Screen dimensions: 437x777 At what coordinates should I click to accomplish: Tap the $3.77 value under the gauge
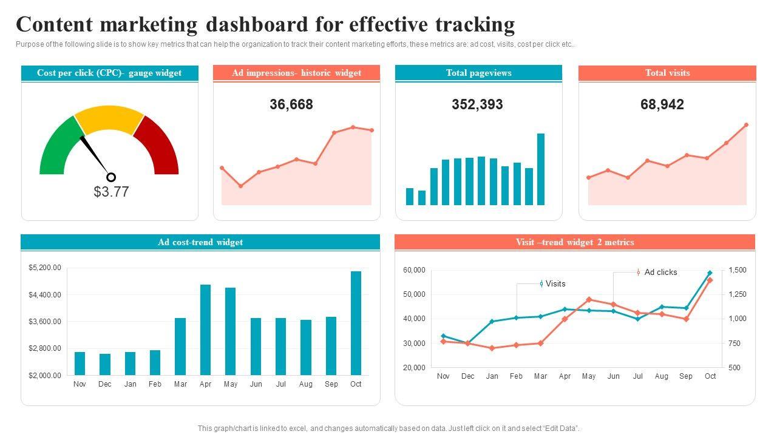point(111,192)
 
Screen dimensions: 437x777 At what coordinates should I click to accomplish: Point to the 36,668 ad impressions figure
point(291,104)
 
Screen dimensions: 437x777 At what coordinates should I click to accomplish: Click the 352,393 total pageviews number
point(477,104)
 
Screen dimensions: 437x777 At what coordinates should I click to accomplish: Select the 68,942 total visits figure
point(662,104)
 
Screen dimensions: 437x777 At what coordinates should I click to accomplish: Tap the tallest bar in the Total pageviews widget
point(541,169)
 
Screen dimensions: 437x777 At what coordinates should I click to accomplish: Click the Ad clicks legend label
point(660,273)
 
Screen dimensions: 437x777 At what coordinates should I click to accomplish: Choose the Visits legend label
point(555,283)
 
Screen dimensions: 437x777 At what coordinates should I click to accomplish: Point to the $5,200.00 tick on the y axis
point(45,268)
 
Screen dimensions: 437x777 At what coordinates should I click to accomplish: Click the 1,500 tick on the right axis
point(738,270)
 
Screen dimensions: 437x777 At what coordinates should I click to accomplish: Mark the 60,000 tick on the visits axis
point(415,270)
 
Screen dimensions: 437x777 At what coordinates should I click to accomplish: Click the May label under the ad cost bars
point(231,384)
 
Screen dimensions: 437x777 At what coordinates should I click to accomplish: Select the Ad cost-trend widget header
point(200,242)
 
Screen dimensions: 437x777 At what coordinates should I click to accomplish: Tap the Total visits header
point(667,73)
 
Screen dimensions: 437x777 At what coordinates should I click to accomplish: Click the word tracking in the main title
point(475,24)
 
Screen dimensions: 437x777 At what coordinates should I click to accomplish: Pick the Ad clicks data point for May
point(589,299)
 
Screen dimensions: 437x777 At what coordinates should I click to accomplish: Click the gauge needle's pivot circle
point(111,177)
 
